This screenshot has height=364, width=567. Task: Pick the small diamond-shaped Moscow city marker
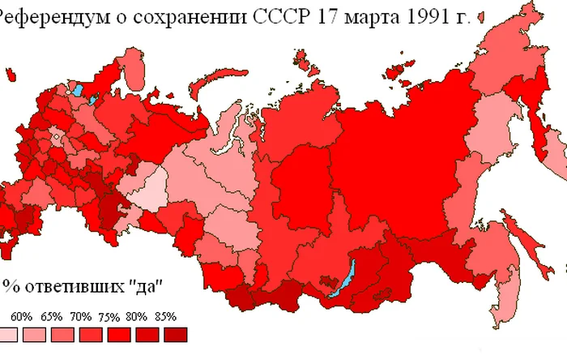point(55,138)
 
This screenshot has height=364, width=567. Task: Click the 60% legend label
point(20,316)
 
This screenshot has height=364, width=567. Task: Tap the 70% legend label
point(82,316)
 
